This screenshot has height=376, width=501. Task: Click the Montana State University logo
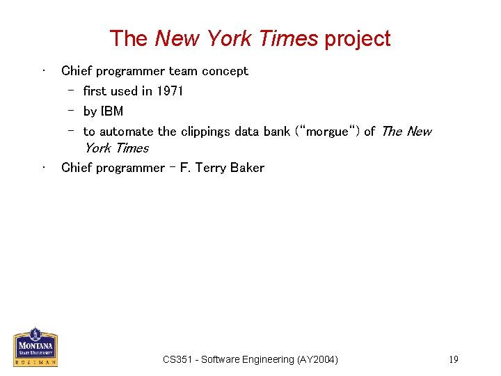click(35, 347)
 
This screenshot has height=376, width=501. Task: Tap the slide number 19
click(453, 359)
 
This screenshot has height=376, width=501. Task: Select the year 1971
click(170, 91)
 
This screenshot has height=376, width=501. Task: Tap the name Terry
click(208, 168)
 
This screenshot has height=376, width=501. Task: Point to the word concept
click(225, 71)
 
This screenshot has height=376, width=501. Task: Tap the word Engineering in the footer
click(264, 359)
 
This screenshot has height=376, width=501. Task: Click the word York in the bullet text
click(98, 148)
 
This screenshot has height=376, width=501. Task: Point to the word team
click(184, 71)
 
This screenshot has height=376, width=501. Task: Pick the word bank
click(277, 132)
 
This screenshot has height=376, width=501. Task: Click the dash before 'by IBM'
click(71, 111)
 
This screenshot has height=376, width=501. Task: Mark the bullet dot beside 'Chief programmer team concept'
click(44, 70)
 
